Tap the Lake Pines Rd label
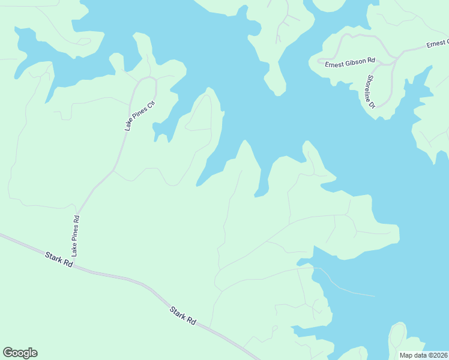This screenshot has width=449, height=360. coord(76,233)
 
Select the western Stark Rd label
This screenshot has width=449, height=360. coord(58,260)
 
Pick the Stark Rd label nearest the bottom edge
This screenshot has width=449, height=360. coord(183,316)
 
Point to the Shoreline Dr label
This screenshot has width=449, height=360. coord(369,92)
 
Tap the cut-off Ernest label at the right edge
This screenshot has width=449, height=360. coord(437,44)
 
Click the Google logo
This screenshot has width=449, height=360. coord(20,353)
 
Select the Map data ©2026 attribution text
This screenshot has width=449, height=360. coord(424,355)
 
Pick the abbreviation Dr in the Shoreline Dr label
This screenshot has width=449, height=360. coord(373,104)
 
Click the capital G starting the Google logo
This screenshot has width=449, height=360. coord(7,353)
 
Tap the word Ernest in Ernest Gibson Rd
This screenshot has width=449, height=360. coord(334,64)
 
